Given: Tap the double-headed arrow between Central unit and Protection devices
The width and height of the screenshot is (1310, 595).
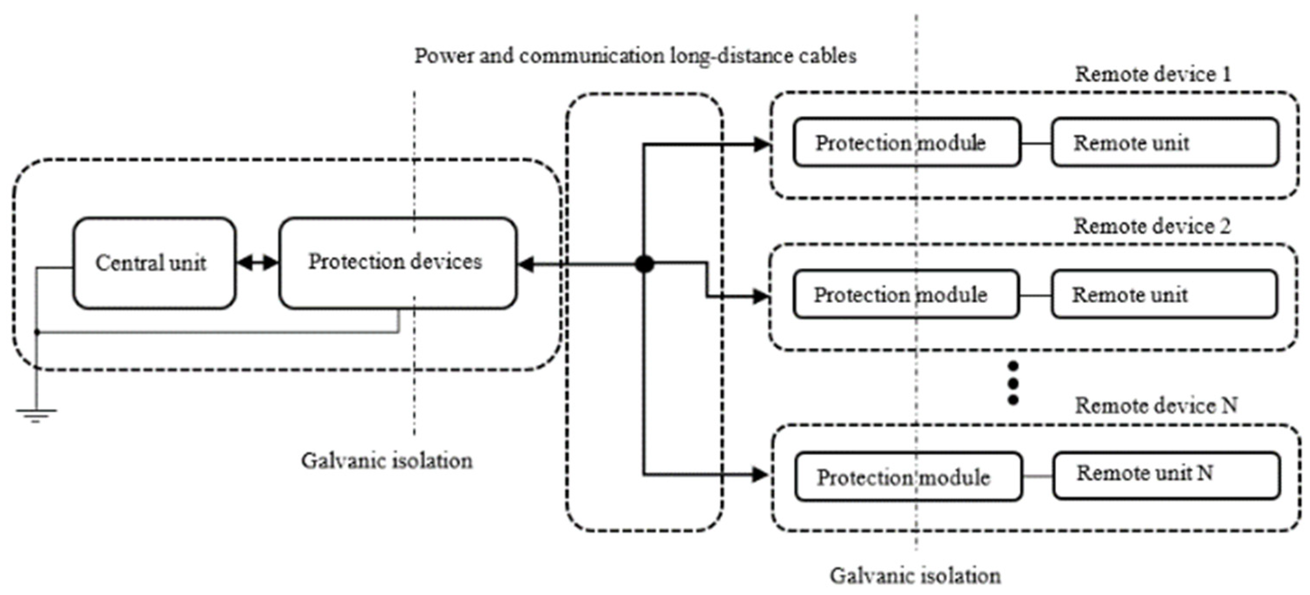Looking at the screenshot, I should click(258, 263).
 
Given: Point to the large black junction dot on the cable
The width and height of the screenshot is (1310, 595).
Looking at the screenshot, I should click(645, 264).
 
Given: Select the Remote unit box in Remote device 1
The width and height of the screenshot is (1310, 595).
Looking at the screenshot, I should click(1165, 142).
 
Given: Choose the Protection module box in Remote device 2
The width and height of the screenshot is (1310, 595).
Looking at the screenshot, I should click(906, 294).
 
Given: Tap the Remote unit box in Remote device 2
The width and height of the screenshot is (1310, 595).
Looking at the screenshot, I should click(1163, 294).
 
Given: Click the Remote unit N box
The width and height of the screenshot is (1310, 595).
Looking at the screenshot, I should click(1166, 475).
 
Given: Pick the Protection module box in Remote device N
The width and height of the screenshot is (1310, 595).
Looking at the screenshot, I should click(908, 477).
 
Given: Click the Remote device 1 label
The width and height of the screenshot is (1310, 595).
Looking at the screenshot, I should click(1153, 74).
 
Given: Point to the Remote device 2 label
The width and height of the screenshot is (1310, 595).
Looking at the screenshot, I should click(1152, 226).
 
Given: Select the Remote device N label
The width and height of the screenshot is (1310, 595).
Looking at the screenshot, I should click(1156, 406).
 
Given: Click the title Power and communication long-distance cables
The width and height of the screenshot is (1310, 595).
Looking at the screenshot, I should click(635, 56).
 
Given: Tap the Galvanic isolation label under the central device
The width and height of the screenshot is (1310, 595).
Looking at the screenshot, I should click(387, 461).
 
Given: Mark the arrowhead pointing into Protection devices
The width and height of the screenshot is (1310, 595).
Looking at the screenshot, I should click(525, 264).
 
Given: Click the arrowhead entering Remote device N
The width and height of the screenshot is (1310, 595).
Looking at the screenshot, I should click(760, 475).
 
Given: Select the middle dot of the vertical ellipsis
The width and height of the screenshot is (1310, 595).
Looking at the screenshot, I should click(1012, 383).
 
